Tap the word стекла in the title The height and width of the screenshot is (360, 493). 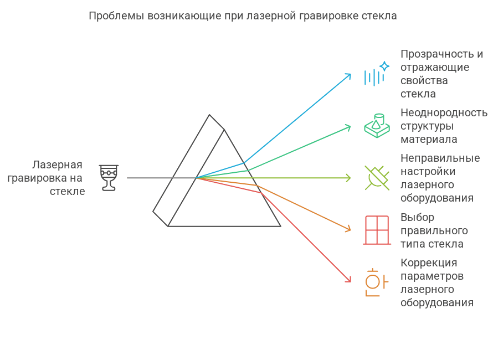click(380, 16)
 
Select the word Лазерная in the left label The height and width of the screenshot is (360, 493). click(57, 164)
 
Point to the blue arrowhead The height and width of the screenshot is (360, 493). click(348, 75)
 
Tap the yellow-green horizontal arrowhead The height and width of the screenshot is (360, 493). click(348, 178)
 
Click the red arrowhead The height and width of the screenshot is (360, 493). click(348, 280)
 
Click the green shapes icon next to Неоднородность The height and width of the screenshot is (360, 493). click(376, 126)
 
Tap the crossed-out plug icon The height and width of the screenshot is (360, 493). click(376, 178)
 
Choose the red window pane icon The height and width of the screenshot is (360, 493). click(377, 229)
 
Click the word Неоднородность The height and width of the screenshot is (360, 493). click(444, 112)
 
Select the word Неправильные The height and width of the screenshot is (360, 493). click(440, 158)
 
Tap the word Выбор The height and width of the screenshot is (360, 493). click(417, 217)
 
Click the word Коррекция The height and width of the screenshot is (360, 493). click(429, 263)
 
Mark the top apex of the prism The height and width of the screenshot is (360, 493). click(209, 115)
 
